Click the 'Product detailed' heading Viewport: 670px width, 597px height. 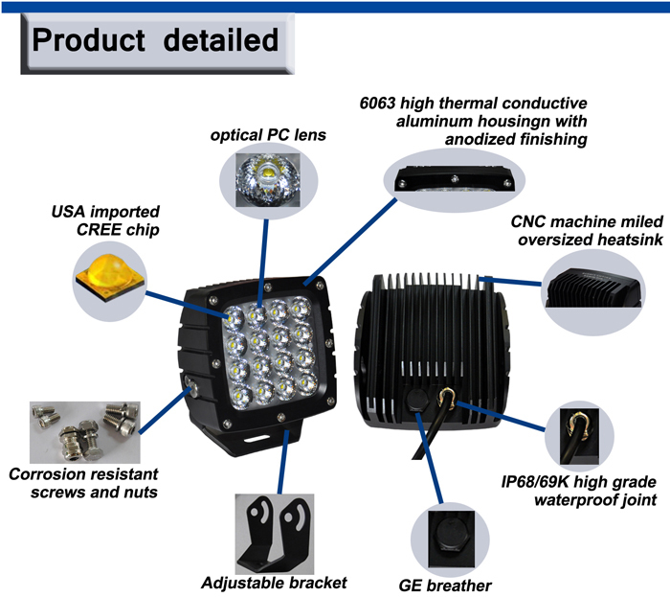click(154, 41)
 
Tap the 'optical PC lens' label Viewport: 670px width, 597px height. click(268, 135)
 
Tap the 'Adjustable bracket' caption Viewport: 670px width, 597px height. click(274, 582)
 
